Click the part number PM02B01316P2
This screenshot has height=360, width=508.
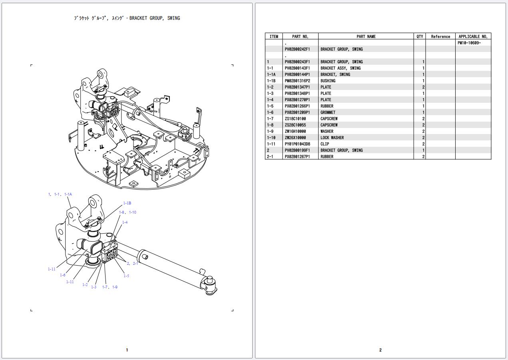coord(297,81)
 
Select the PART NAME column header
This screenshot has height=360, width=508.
coord(366,36)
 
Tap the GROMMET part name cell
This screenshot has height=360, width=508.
coord(328,112)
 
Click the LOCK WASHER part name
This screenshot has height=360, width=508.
coord(332,138)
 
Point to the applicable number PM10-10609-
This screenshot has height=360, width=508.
coord(469,43)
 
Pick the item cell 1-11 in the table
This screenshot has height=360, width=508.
coord(271,144)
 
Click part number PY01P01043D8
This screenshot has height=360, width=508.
coord(297,144)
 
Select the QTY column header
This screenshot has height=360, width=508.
coord(420,36)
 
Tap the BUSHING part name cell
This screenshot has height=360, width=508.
coord(328,81)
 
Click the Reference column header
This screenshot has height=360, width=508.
coord(440,36)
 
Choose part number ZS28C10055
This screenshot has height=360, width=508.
coord(295,125)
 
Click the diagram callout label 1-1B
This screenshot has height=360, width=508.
coord(127,203)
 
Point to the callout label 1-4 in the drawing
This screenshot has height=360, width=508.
coord(125,222)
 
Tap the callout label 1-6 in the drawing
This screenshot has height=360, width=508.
coord(63,275)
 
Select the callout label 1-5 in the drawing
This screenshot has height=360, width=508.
coord(126,276)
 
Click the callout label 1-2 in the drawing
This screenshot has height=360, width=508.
coord(85,285)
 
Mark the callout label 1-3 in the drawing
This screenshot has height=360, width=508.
coord(94,287)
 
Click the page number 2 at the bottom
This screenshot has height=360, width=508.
coord(380,350)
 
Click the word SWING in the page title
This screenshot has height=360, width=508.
coord(173,18)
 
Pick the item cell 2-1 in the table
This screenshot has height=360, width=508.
coord(270,157)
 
